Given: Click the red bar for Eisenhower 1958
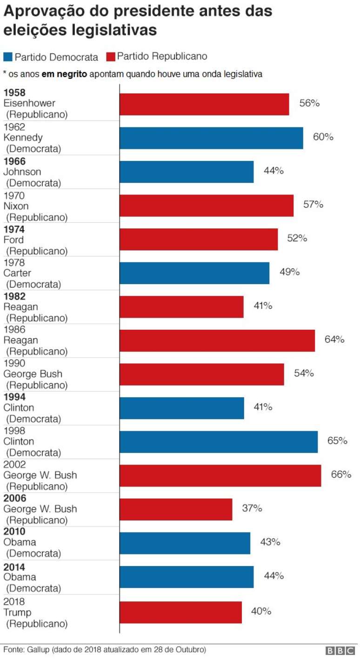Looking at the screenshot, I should tap(204, 104).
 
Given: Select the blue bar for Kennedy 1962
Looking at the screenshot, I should tap(211, 138).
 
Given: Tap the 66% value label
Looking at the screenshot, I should tap(341, 474).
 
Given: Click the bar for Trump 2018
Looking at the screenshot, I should tap(180, 612).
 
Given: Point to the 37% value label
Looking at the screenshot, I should tap(252, 508).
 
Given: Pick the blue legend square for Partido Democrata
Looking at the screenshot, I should tap(8, 57).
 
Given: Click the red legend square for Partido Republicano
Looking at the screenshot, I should tap(111, 57).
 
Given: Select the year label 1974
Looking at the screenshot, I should tap(14, 229).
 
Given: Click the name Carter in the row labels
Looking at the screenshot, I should tap(17, 273).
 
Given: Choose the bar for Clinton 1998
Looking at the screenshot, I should tap(219, 441).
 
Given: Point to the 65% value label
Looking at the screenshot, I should tap(337, 440).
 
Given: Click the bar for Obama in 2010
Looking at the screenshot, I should tap(185, 543).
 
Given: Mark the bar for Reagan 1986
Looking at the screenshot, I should tap(217, 340).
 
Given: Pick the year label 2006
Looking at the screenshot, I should tap(14, 499).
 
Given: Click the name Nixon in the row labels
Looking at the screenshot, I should tap(16, 206).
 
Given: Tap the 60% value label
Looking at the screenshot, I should tap(323, 137).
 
